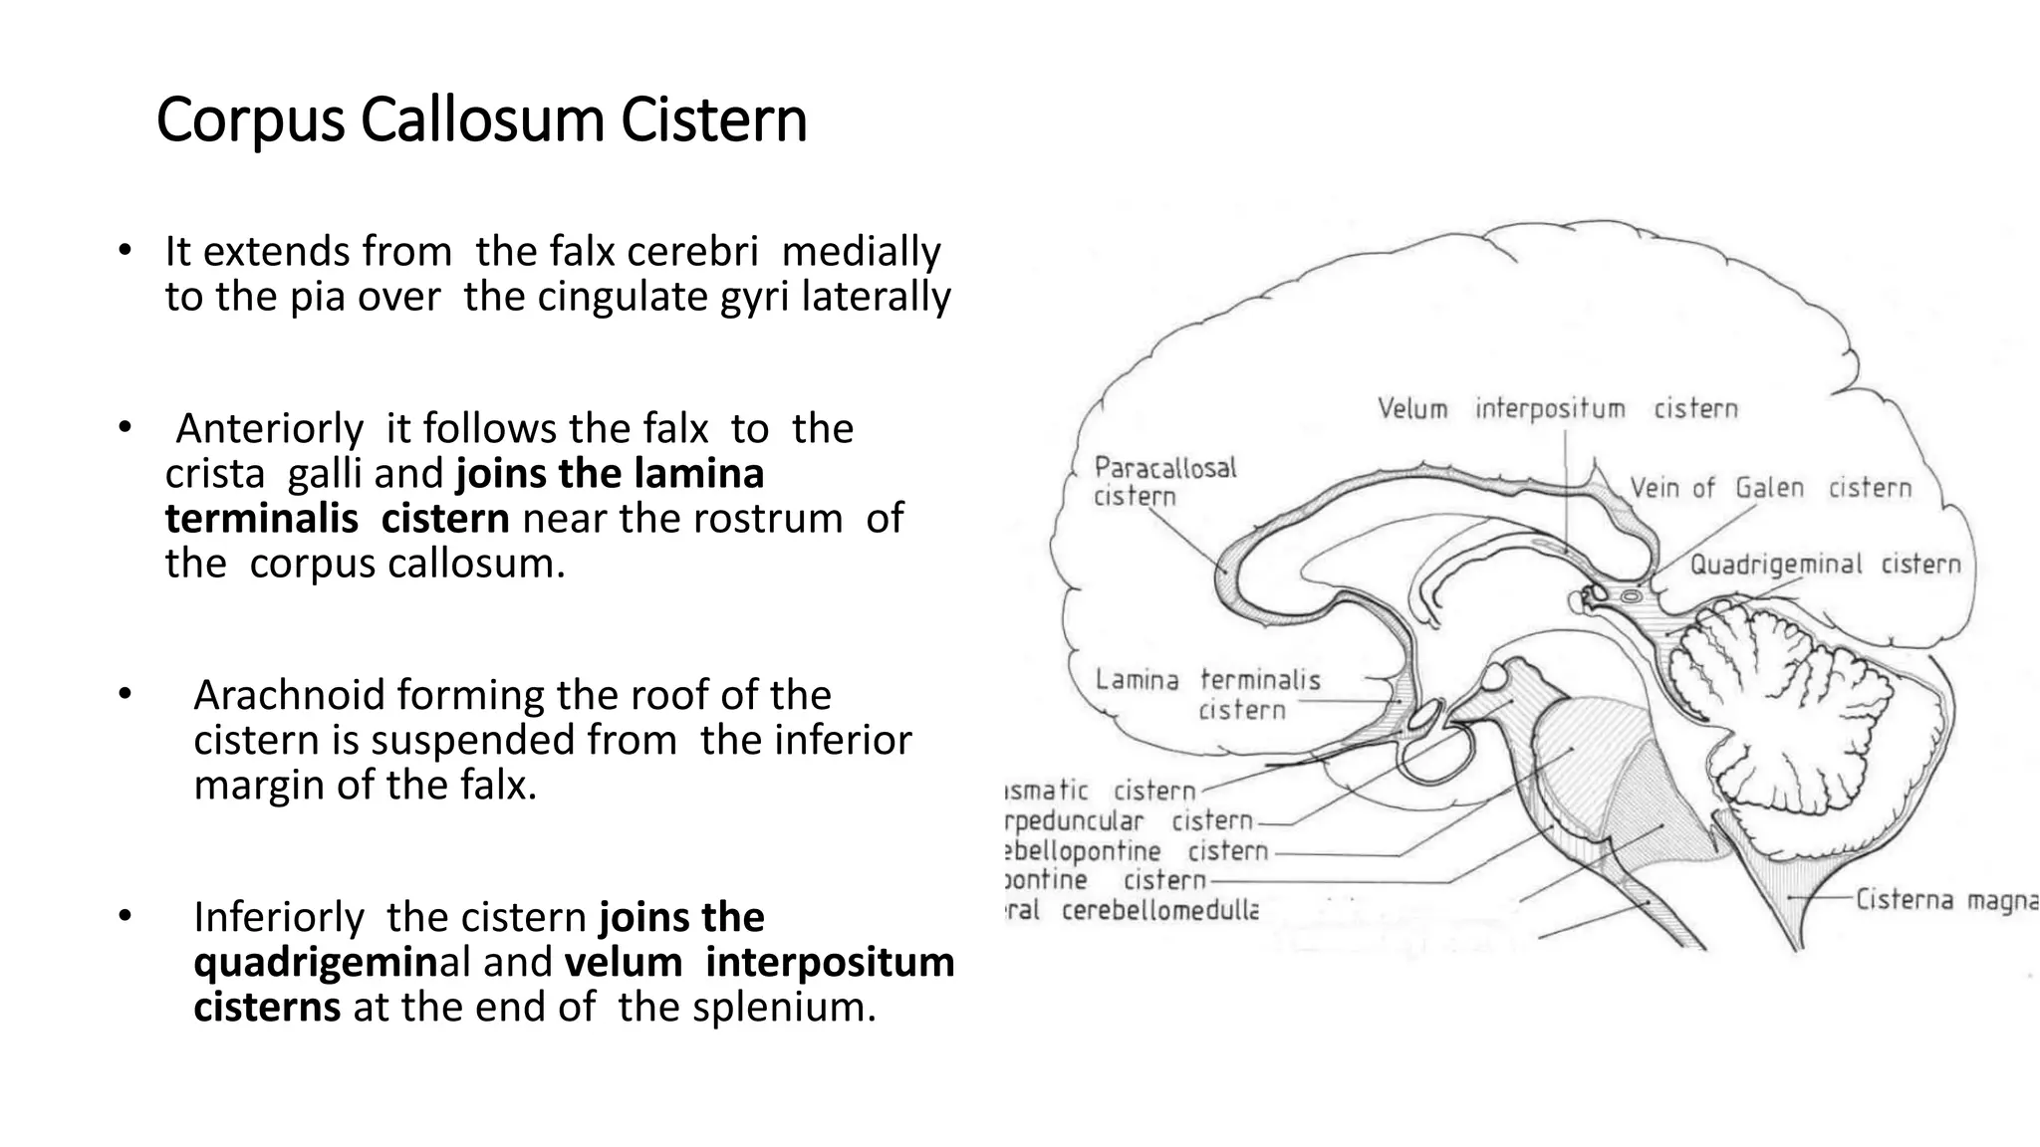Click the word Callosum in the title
(482, 120)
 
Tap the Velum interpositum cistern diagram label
(1557, 408)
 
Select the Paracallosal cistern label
(1163, 481)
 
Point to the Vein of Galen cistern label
(1770, 488)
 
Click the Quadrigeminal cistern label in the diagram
(1824, 565)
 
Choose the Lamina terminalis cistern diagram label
(1208, 694)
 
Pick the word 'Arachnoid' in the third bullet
(289, 695)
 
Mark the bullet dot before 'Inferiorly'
(124, 915)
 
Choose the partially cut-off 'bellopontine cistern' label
(1136, 850)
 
